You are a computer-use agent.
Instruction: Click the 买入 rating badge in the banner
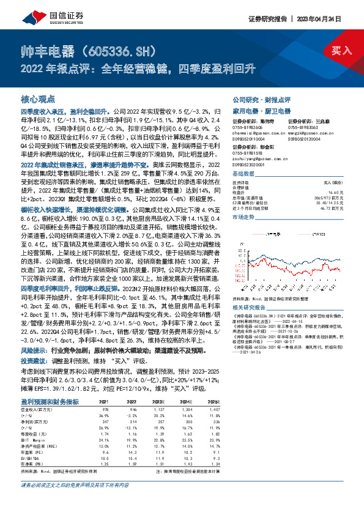(341, 50)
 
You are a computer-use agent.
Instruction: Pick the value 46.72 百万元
(328, 209)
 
